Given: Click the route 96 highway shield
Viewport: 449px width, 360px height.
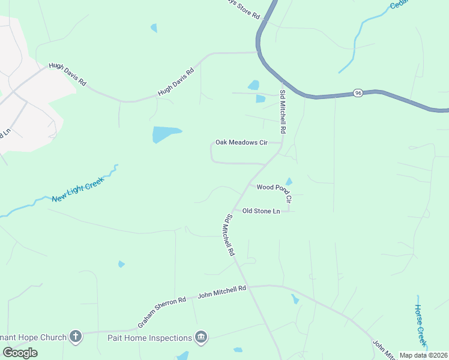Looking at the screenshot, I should click(x=358, y=93).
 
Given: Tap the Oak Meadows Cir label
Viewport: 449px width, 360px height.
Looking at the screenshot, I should click(x=241, y=143).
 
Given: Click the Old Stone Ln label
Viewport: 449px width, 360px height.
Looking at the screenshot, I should click(x=261, y=211).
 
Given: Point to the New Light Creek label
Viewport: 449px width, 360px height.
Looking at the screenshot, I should click(x=78, y=190).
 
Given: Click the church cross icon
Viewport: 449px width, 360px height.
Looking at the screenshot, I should click(x=75, y=337).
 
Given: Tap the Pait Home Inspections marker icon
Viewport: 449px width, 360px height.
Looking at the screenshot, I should click(x=201, y=337).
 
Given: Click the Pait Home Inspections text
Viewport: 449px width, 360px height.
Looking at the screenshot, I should click(x=149, y=338).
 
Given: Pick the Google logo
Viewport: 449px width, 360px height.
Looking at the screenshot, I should click(x=20, y=353).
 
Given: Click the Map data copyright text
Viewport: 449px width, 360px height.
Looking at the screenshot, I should click(x=423, y=355).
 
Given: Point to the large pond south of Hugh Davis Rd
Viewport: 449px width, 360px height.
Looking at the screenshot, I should click(x=165, y=134).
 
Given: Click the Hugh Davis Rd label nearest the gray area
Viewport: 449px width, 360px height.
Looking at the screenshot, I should click(x=68, y=74).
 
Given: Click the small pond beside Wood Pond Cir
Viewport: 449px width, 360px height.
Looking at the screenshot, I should click(x=289, y=181).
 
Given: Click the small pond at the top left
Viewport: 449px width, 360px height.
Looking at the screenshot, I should click(x=154, y=28).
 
